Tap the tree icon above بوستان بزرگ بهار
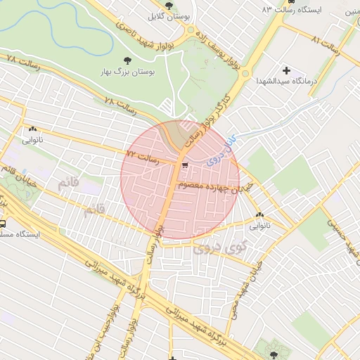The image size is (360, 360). point(127,60)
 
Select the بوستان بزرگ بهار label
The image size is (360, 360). point(128,72)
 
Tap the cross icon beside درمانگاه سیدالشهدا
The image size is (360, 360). point(286,70)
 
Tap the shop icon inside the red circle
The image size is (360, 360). point(184,166)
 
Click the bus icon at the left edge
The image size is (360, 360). point(3,224)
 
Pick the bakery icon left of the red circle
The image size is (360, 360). point(32,129)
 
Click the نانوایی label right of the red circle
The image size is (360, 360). point(259,226)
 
